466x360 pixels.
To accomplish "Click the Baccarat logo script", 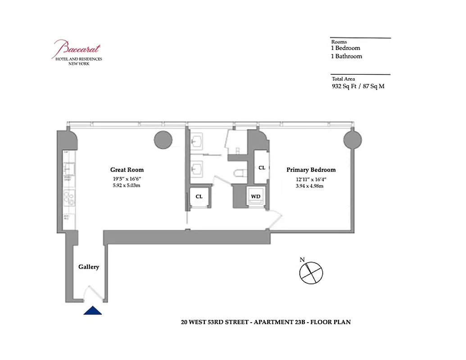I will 77,48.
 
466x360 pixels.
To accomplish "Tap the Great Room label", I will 127,170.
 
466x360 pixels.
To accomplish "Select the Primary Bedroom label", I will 311,170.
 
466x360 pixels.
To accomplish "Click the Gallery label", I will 89,267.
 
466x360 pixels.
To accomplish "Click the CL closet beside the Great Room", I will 199,197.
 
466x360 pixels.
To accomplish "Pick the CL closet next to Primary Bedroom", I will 262,167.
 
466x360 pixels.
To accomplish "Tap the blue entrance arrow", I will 93,310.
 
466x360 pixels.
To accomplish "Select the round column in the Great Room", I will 163,140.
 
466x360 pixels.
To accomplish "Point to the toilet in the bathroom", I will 239,172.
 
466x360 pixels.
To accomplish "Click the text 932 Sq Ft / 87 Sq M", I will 358,86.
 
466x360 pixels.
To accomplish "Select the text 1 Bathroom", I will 347,56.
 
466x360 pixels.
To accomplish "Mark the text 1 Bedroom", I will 346,48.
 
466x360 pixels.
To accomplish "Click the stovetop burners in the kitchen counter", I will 69,196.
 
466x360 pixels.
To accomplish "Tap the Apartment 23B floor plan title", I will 265,322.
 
